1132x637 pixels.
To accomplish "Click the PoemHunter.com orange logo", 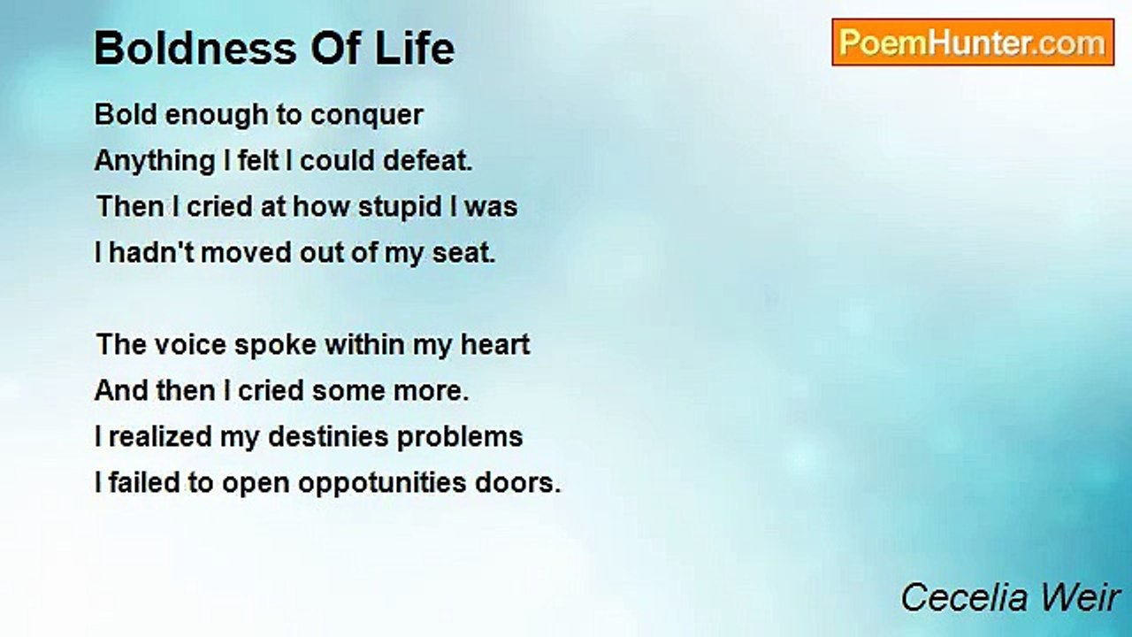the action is coord(973,42).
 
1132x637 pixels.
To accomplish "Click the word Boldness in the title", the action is coord(195,49).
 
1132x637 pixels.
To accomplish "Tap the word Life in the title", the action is coord(415,49).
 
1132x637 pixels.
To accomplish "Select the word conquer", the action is coord(366,116).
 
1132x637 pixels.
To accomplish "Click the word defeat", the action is coord(427,161).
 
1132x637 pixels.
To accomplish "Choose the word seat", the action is coord(464,254).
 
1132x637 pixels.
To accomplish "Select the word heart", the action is coord(494,345).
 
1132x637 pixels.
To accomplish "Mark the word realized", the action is coord(160,437).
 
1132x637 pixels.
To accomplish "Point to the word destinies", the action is coord(328,437).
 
